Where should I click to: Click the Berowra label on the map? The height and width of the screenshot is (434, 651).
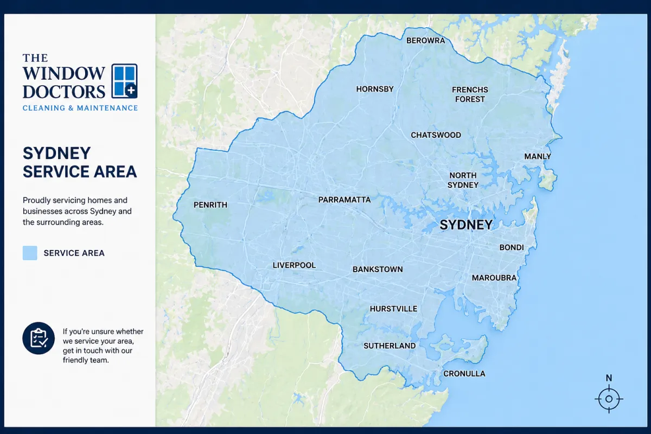pyautogui.click(x=425, y=41)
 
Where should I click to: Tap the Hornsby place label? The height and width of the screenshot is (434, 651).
pyautogui.click(x=374, y=89)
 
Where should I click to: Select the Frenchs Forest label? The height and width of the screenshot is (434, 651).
pyautogui.click(x=470, y=94)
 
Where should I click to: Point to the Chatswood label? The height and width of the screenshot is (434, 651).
pyautogui.click(x=436, y=135)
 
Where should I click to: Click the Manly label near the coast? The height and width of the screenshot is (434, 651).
pyautogui.click(x=537, y=157)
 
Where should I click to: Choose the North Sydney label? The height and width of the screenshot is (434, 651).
pyautogui.click(x=463, y=180)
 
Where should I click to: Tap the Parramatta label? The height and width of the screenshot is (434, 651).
pyautogui.click(x=344, y=200)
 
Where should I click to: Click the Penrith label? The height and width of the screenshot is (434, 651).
pyautogui.click(x=210, y=205)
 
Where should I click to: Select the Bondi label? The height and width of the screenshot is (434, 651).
pyautogui.click(x=511, y=247)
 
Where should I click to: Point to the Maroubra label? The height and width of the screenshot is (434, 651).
pyautogui.click(x=494, y=278)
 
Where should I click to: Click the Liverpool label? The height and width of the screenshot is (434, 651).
pyautogui.click(x=293, y=265)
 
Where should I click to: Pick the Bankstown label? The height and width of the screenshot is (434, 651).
pyautogui.click(x=378, y=270)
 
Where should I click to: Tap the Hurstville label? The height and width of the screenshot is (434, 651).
pyautogui.click(x=393, y=309)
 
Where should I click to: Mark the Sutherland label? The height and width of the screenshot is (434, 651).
pyautogui.click(x=390, y=346)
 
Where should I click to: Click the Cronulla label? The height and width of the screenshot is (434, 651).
pyautogui.click(x=464, y=374)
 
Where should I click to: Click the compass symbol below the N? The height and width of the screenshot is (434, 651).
pyautogui.click(x=609, y=399)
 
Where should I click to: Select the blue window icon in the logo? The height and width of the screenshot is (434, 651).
pyautogui.click(x=124, y=81)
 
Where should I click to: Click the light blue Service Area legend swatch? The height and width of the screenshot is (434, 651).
pyautogui.click(x=30, y=253)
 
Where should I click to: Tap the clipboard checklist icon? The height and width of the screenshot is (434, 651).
pyautogui.click(x=39, y=338)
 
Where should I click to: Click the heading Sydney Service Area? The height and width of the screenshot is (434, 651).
pyautogui.click(x=79, y=162)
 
